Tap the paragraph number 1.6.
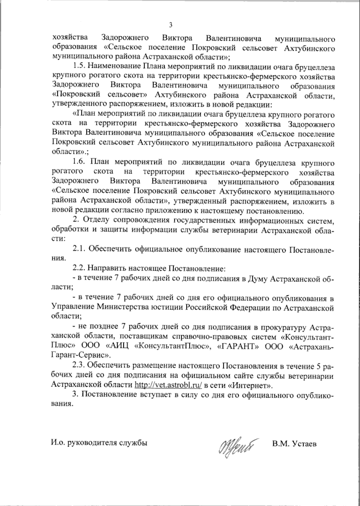[x=79, y=163]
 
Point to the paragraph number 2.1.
[x=79, y=249]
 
